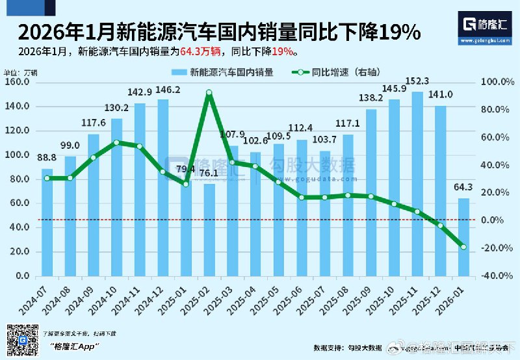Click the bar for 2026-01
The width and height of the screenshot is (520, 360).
pos(463,237)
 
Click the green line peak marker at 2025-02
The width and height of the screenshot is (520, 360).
pos(209,93)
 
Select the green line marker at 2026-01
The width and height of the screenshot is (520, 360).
pos(463,247)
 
